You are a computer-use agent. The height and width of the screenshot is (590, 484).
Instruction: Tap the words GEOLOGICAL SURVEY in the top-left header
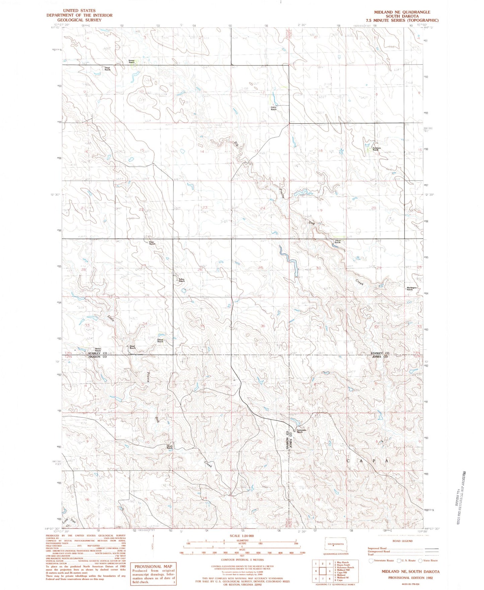point(79,20)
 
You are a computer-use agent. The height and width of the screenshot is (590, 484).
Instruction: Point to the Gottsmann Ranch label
point(300,431)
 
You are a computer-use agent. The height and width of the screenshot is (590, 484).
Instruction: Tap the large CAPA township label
point(367,461)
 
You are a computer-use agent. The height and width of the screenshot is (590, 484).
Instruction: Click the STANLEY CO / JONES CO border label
point(379,355)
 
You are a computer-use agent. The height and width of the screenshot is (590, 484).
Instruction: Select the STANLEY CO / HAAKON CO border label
point(97,355)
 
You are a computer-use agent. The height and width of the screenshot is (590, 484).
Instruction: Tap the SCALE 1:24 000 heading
point(242,535)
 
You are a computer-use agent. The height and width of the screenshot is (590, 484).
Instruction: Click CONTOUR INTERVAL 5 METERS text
point(242,560)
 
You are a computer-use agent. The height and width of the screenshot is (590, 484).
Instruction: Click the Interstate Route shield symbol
point(370,561)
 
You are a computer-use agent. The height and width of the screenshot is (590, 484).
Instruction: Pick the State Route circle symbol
point(420,561)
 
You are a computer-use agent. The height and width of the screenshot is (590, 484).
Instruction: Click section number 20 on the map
point(373,208)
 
